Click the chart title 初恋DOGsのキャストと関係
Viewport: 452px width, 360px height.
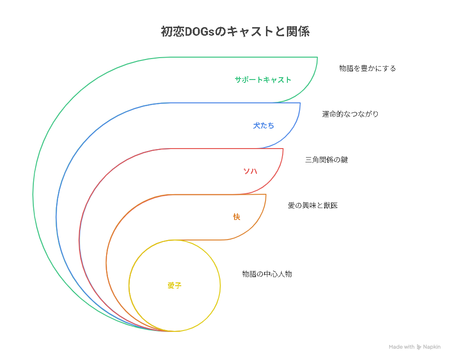(x=235, y=31)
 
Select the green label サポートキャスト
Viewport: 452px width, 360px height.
(x=263, y=80)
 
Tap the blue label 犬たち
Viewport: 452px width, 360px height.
(x=264, y=126)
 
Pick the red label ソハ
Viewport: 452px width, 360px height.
(x=250, y=171)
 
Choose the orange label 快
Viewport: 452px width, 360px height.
(x=236, y=217)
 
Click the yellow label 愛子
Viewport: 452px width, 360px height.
(x=175, y=286)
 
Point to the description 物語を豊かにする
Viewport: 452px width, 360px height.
(x=367, y=69)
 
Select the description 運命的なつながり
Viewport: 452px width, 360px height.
(x=350, y=114)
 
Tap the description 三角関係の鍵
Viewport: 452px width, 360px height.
(x=326, y=160)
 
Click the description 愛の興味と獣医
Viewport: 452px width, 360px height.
(x=313, y=205)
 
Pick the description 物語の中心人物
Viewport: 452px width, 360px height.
(x=267, y=274)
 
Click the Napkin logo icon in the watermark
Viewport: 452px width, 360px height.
(x=419, y=347)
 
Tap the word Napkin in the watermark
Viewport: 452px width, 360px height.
(x=432, y=347)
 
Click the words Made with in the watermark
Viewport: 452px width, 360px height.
(x=402, y=347)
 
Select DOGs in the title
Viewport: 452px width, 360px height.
(x=199, y=32)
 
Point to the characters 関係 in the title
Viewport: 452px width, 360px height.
(x=298, y=31)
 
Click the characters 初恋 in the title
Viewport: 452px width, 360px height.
(x=172, y=31)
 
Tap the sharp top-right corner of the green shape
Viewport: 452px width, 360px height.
(x=317, y=57)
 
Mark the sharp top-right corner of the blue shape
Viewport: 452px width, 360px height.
(x=300, y=103)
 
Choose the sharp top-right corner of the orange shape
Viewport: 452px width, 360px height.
(x=266, y=194)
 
